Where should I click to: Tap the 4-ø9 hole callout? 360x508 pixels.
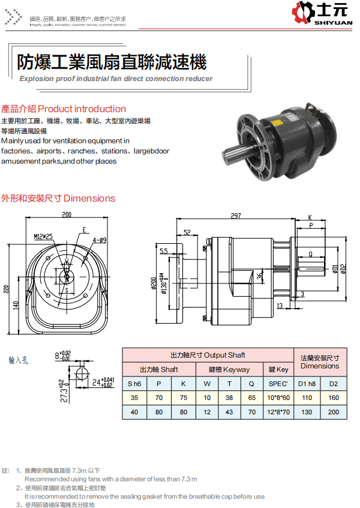100,240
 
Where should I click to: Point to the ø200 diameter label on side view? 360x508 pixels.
154,283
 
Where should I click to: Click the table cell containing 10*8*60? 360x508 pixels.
278,398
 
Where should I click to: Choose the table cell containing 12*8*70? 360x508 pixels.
278,412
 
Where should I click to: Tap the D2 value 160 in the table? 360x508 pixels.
334,398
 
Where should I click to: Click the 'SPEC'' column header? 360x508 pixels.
278,384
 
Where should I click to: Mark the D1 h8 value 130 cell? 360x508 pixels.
307,412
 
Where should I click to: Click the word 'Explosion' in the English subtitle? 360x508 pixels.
37,79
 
